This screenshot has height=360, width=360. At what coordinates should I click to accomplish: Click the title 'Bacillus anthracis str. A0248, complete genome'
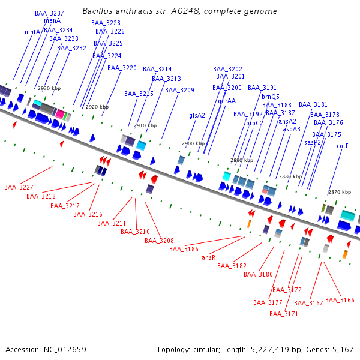pos(179,11)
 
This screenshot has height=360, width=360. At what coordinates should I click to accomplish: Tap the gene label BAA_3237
pos(49,13)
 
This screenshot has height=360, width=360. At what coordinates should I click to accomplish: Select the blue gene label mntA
pos(32,32)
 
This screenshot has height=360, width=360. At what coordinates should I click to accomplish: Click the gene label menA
pos(52,21)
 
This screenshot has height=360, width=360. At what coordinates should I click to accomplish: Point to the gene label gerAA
pos(227,101)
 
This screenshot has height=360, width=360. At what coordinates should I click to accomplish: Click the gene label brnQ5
pos(270,97)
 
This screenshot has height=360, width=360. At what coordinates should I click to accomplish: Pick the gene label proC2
pos(254,123)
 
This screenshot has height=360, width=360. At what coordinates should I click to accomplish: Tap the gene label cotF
pos(343,146)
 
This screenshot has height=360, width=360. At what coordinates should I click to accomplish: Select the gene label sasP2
pos(313,142)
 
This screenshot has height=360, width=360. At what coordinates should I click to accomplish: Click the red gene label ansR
pos(209,257)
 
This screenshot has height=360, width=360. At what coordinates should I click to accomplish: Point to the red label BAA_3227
pos(19,187)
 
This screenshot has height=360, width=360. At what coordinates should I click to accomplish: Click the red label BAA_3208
pos(159,241)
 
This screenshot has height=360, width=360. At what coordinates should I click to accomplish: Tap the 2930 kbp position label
pos(49,88)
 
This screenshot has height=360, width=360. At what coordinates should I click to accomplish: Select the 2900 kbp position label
pos(193,144)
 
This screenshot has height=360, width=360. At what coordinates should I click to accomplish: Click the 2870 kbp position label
pos(340,192)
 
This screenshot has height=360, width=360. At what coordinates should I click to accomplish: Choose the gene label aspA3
pos(292,129)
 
